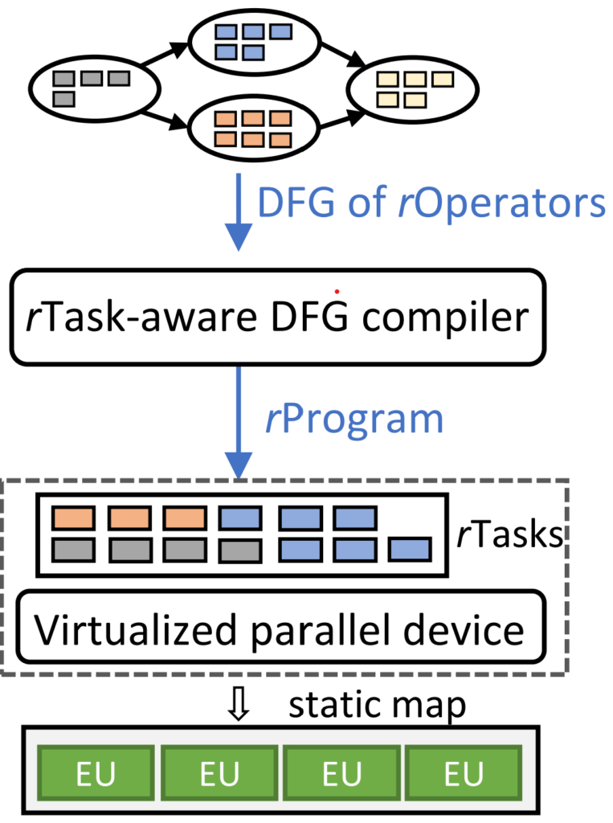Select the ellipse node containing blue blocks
pyautogui.click(x=249, y=42)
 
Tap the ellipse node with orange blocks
pyautogui.click(x=249, y=128)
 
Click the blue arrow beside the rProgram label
pyautogui.click(x=237, y=422)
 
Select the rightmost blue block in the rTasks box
pyautogui.click(x=410, y=551)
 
